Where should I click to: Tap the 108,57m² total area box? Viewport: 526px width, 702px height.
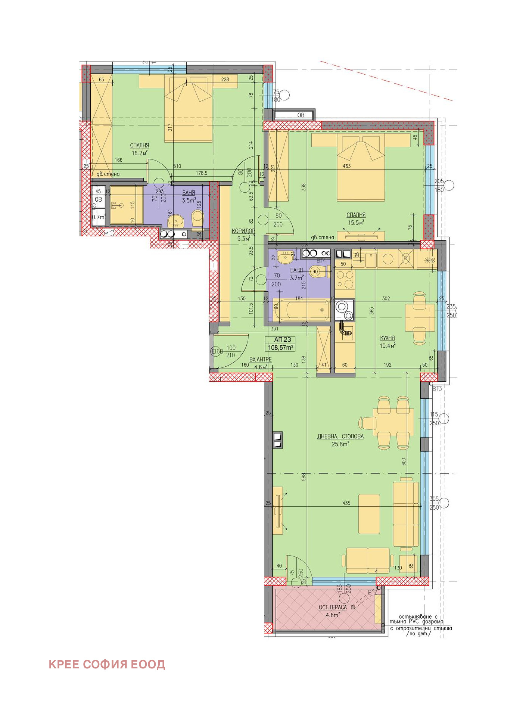(x=280, y=348)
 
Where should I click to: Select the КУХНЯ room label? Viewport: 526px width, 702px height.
(x=387, y=338)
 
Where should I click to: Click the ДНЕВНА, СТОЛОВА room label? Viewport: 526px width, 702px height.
(x=340, y=436)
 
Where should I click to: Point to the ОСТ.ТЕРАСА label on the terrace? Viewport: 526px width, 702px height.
(x=332, y=608)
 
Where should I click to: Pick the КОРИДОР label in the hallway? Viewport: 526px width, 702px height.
(x=243, y=231)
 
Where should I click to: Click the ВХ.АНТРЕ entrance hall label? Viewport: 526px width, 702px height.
(x=260, y=359)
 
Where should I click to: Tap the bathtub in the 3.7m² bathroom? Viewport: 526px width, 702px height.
(x=302, y=310)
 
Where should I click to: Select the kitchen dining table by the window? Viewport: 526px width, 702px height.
(x=420, y=317)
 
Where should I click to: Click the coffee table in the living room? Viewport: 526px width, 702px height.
(x=369, y=514)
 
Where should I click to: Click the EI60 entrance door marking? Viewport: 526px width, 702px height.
(x=217, y=351)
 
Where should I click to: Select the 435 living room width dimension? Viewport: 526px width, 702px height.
(x=346, y=503)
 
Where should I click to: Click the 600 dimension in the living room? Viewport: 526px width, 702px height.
(x=404, y=462)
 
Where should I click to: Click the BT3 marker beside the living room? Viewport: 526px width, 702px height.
(x=437, y=389)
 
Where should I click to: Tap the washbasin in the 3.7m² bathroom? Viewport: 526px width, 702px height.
(x=286, y=257)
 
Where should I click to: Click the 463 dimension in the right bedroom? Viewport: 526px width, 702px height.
(x=346, y=166)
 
